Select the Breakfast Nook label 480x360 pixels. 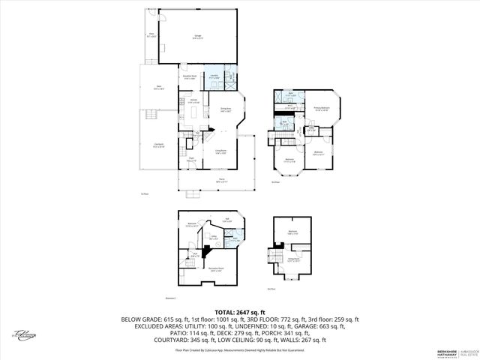[189, 76]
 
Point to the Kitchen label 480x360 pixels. [193, 100]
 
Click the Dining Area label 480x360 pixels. [225, 110]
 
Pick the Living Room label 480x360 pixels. [221, 153]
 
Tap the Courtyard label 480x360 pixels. [159, 145]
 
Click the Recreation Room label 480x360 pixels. [216, 270]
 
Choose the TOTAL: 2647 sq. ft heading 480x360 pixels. [240, 311]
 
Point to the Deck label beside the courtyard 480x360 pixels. [159, 88]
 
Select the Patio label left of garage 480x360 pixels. [151, 34]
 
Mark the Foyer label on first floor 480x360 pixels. [190, 159]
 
